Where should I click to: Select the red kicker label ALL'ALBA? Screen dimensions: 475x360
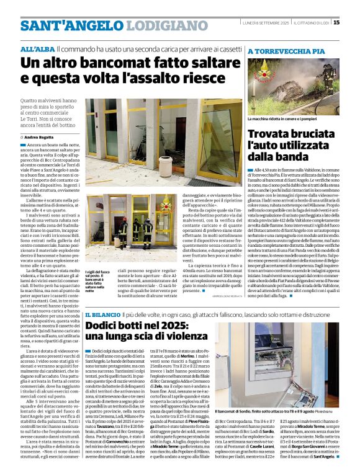pos(37,48)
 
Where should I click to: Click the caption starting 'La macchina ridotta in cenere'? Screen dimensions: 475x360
pos(282,119)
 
